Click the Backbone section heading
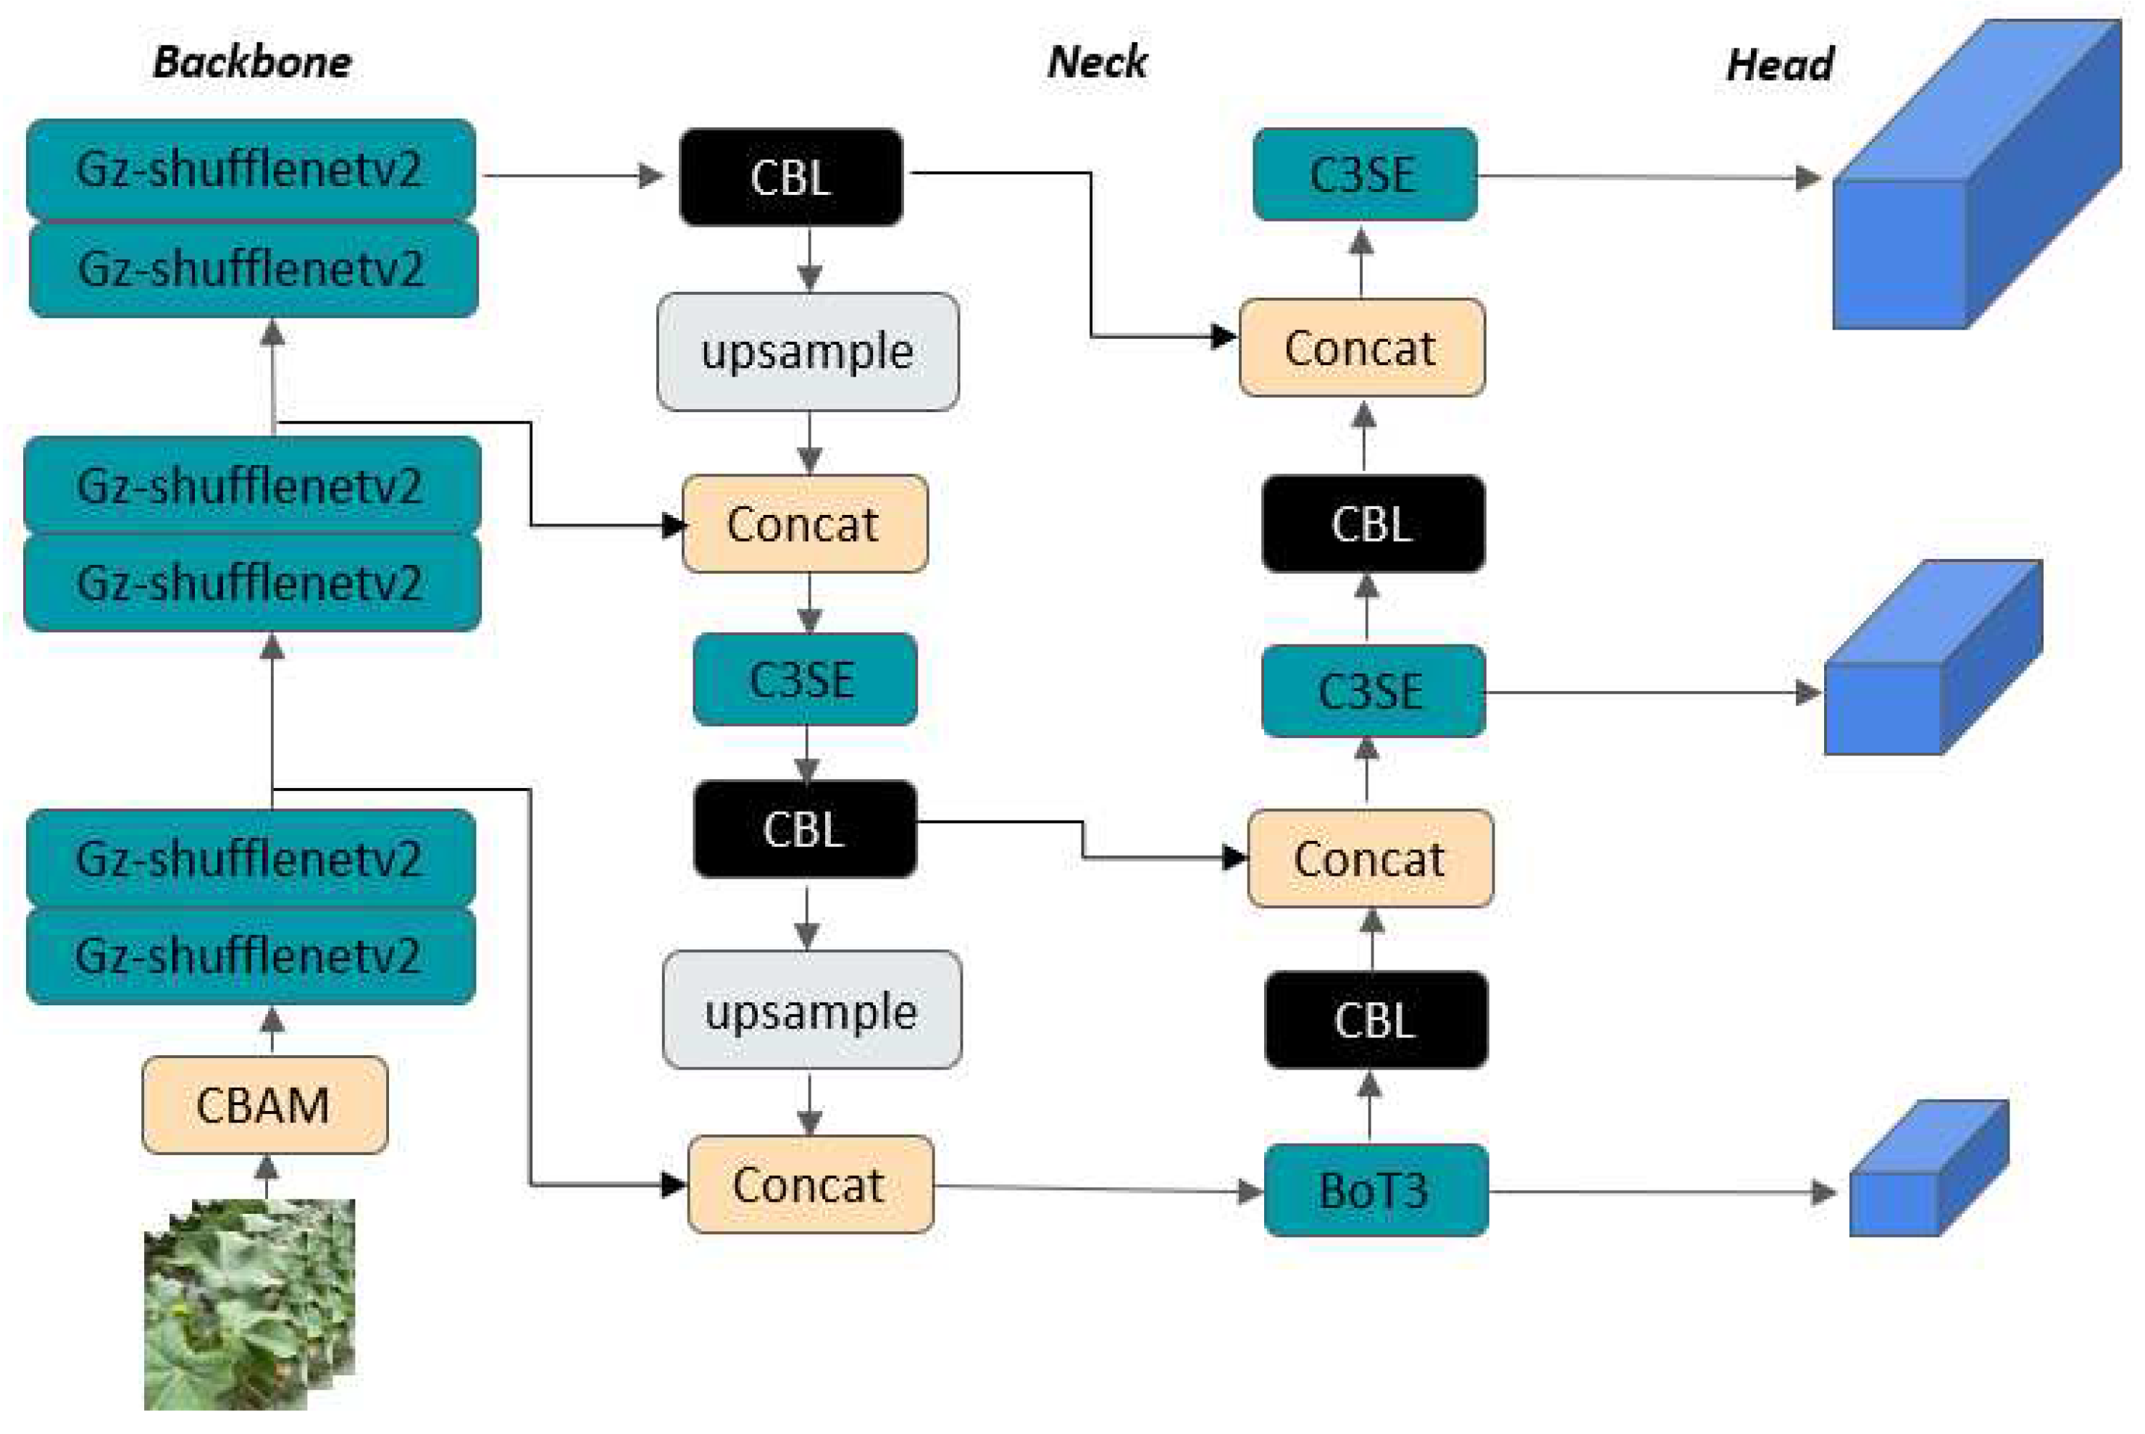pos(251,62)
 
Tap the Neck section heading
pos(1096,62)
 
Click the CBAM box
pos(264,1104)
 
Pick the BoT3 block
pos(1375,1190)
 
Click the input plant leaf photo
pos(248,1303)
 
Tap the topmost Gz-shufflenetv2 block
pos(251,169)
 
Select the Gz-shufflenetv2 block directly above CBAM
pos(251,956)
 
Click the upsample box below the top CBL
pos(808,351)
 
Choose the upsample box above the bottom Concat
pos(811,1010)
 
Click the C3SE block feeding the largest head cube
pos(1364,175)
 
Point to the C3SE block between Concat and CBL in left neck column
pos(804,679)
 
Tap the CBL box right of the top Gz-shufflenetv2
pos(791,177)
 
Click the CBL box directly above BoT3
pos(1375,1020)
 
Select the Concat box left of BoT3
pos(809,1184)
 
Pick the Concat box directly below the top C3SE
pos(1361,348)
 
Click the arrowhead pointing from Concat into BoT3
pos(1250,1191)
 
